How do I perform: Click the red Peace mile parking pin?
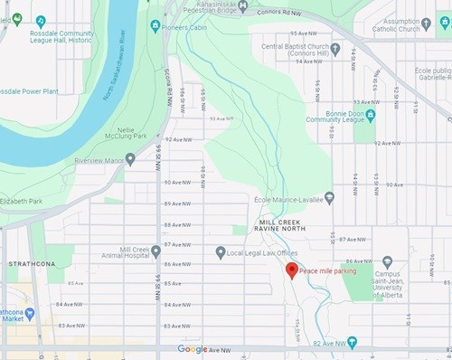pyautogui.click(x=292, y=270)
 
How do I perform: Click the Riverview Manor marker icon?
pyautogui.click(x=130, y=159)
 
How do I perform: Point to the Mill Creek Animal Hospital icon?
pyautogui.click(x=156, y=249)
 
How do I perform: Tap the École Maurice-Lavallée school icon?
pyautogui.click(x=329, y=197)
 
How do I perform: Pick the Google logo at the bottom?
pyautogui.click(x=192, y=349)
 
